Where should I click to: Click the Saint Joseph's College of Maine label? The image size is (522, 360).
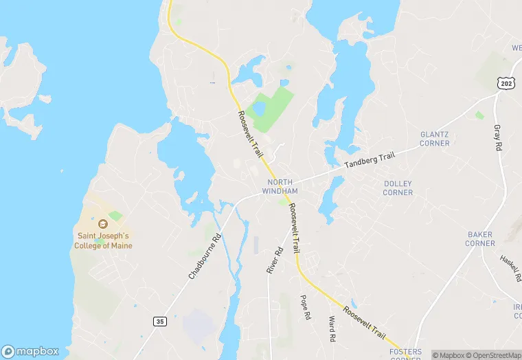(x=103, y=240)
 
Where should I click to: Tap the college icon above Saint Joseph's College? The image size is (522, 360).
(x=103, y=224)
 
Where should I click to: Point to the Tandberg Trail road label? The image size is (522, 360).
(x=370, y=160)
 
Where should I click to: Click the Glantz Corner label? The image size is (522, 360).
(x=435, y=139)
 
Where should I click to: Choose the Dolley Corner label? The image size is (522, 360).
(x=398, y=188)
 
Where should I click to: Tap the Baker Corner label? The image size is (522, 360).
(x=480, y=238)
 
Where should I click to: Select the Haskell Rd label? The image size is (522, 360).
(x=510, y=269)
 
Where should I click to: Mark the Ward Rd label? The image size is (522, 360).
(x=332, y=329)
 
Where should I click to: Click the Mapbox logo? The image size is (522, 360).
(x=30, y=351)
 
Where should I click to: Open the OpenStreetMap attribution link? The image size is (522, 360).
(x=492, y=355)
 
